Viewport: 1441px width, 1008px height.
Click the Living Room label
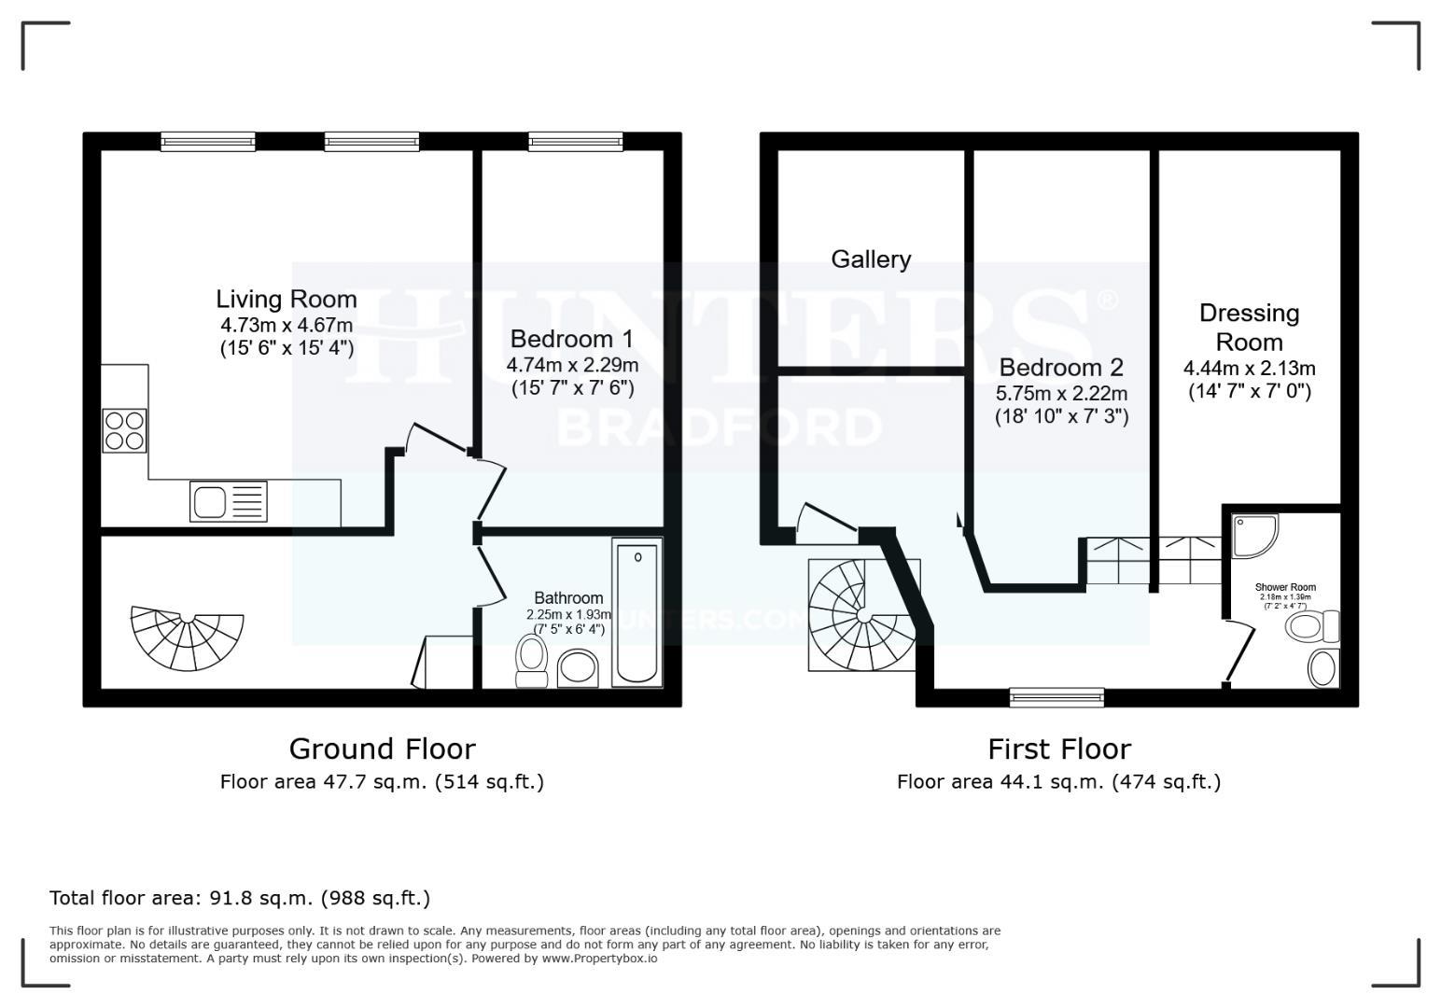[x=287, y=299]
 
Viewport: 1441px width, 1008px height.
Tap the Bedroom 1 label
[x=572, y=338]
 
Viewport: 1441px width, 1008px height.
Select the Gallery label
[x=871, y=259]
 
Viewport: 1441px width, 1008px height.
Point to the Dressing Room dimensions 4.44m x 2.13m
[x=1249, y=368]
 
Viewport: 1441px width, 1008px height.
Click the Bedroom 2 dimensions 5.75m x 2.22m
[x=1061, y=393]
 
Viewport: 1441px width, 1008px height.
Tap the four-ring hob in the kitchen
[x=124, y=430]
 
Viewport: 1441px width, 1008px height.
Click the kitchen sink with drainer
[x=229, y=500]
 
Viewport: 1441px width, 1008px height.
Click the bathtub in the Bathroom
[x=637, y=614]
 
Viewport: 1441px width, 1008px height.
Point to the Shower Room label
[x=1285, y=587]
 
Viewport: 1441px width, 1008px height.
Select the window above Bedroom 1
[x=575, y=141]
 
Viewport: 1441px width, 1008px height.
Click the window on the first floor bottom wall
[x=1056, y=696]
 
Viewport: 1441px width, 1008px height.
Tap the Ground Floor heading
[x=382, y=749]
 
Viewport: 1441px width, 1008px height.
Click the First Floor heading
[x=1058, y=749]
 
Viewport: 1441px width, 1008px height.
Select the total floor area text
[x=240, y=898]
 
